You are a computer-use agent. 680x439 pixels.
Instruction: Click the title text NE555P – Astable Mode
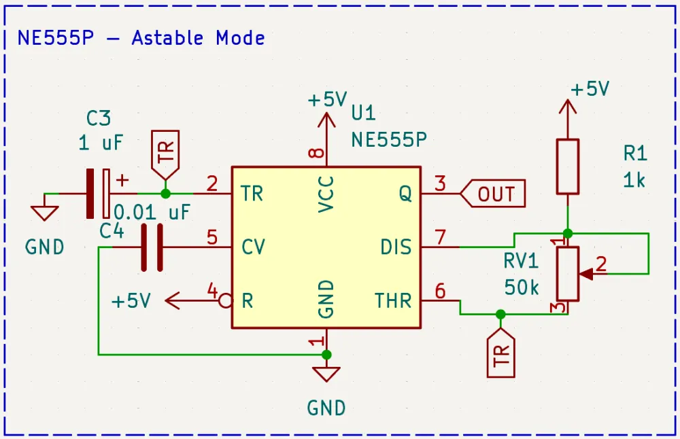coord(141,38)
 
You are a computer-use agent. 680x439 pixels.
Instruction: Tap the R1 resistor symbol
coord(568,166)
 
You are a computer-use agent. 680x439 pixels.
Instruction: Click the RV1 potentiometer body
coord(568,274)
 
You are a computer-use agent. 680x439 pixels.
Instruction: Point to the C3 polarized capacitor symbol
coord(99,194)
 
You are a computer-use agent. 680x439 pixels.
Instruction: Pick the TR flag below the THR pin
coord(501,353)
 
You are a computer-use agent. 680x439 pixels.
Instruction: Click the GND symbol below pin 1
coord(326,374)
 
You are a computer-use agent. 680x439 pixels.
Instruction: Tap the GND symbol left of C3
coord(45,213)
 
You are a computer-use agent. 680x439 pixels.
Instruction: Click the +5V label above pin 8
coord(327,100)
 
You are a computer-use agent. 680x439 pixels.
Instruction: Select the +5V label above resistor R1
coord(590,90)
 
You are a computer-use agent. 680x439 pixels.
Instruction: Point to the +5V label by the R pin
coord(131,301)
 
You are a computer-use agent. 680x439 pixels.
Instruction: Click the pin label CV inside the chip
coord(253,247)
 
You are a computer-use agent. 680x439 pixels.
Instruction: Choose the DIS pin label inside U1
coord(396,247)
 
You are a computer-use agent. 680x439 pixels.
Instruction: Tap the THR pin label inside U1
coord(393,300)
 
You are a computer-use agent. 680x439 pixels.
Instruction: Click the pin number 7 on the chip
coord(440,238)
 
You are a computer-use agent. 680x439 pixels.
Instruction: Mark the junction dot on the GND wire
coord(326,355)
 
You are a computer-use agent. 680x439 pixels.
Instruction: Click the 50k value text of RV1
coord(522,287)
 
